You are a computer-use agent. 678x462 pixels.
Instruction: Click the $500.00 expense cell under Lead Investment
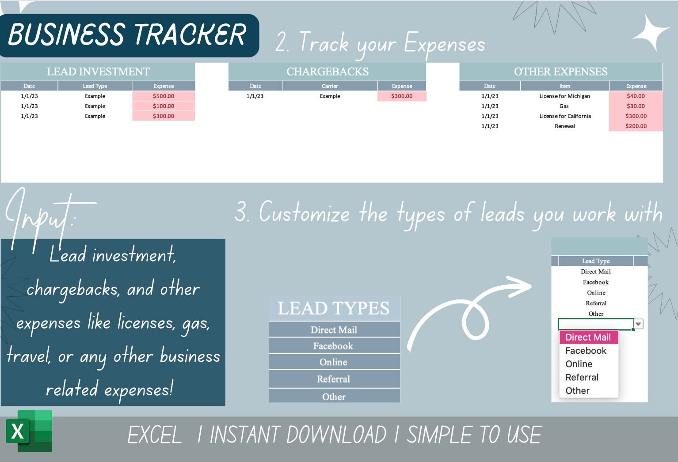coord(164,96)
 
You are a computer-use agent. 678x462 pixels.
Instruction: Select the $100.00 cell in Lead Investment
coord(164,106)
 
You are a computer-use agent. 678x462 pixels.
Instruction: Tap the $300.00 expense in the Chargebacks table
coord(402,96)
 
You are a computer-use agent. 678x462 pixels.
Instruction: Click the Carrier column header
coord(330,86)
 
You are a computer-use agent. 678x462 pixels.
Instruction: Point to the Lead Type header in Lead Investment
coord(95,86)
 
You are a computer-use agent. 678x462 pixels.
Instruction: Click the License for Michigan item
coord(564,96)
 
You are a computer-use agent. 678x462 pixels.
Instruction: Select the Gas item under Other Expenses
coord(564,106)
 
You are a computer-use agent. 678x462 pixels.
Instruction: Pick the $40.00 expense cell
coord(636,96)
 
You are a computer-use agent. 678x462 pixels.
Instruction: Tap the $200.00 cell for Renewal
coord(636,126)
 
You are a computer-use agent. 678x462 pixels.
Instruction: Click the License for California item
coord(565,116)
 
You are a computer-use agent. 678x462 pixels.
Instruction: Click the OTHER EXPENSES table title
coord(560,72)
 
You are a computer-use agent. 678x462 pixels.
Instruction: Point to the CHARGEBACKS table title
coord(327,72)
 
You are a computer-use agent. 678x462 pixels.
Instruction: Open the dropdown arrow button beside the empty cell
coord(638,324)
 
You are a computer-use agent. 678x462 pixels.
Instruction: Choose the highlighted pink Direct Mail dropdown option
coord(588,337)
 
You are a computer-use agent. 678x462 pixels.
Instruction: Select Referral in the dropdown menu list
coord(582,377)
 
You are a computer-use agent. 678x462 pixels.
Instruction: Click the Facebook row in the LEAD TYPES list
coord(334,346)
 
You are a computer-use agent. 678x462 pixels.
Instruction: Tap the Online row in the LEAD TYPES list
coord(334,362)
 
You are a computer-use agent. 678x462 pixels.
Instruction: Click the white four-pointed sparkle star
coord(650,32)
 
